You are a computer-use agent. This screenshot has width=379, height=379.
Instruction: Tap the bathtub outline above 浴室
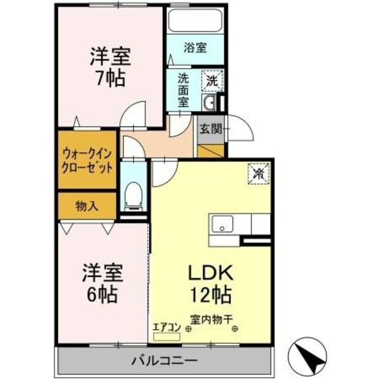194,21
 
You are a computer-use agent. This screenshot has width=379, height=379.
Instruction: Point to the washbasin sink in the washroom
210,104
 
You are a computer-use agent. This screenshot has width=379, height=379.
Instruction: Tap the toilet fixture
134,195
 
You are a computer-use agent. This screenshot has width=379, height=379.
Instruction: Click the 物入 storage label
86,205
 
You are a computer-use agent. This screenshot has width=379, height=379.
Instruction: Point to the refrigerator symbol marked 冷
258,174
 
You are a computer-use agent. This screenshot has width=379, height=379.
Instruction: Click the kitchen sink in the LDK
223,224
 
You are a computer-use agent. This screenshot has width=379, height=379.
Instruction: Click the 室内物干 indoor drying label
212,318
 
